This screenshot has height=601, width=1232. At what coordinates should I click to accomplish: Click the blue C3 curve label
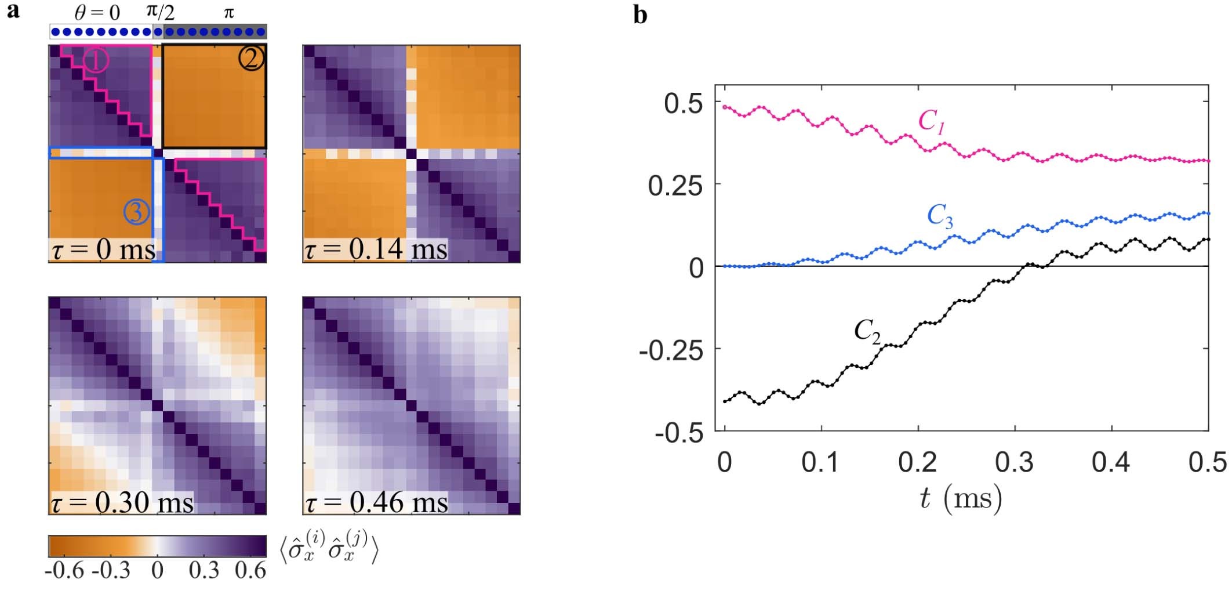[940, 216]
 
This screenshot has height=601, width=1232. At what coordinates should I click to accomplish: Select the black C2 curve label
[867, 331]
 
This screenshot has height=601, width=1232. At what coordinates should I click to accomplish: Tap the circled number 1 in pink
[96, 60]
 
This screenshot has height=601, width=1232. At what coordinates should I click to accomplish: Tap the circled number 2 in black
[252, 59]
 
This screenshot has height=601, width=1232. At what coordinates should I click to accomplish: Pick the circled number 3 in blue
[136, 212]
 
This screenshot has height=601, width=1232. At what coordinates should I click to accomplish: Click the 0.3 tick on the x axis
[1015, 462]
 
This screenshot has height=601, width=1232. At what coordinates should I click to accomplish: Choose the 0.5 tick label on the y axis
[684, 104]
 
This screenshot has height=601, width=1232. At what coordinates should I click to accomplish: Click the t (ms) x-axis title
[961, 498]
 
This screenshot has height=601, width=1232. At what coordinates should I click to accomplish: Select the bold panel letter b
[640, 15]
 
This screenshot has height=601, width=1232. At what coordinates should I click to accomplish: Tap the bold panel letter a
[13, 10]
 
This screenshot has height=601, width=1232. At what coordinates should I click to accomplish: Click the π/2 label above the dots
[160, 11]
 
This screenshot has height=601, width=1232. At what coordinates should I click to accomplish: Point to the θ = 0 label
[97, 12]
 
